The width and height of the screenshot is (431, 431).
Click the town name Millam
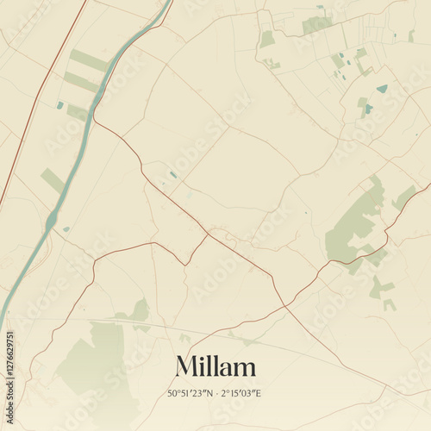click(x=215, y=366)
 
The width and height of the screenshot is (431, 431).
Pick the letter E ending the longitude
click(x=259, y=393)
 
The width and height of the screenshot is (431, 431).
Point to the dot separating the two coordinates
click(x=218, y=393)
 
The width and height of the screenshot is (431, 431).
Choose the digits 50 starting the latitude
click(x=172, y=393)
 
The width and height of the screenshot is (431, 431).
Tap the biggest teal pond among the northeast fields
click(x=382, y=89)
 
